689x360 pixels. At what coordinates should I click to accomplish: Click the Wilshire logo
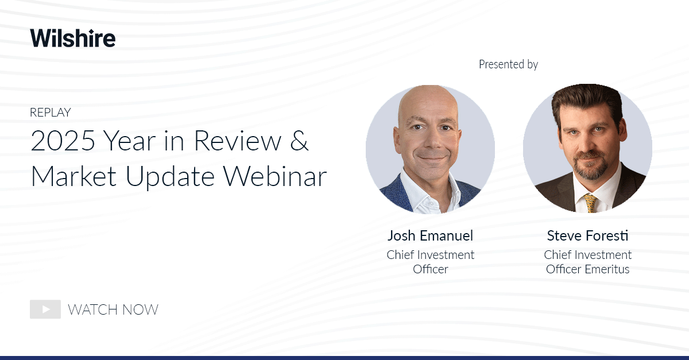pyautogui.click(x=73, y=38)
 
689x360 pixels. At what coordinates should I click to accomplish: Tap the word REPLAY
pyautogui.click(x=50, y=113)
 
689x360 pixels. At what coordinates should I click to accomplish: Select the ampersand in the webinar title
pyautogui.click(x=299, y=142)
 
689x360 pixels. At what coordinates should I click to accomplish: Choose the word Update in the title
pyautogui.click(x=175, y=177)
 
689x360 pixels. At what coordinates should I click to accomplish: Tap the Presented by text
pyautogui.click(x=508, y=64)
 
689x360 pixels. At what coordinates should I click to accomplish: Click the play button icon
pyautogui.click(x=45, y=309)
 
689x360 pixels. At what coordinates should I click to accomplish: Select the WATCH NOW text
pyautogui.click(x=113, y=310)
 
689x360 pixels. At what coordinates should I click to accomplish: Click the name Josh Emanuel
pyautogui.click(x=430, y=236)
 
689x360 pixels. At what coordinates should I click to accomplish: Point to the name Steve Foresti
pyautogui.click(x=587, y=236)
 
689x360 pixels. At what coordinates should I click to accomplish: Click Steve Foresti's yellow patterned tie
pyautogui.click(x=590, y=203)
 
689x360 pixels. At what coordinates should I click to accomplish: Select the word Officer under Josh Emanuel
pyautogui.click(x=430, y=269)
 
